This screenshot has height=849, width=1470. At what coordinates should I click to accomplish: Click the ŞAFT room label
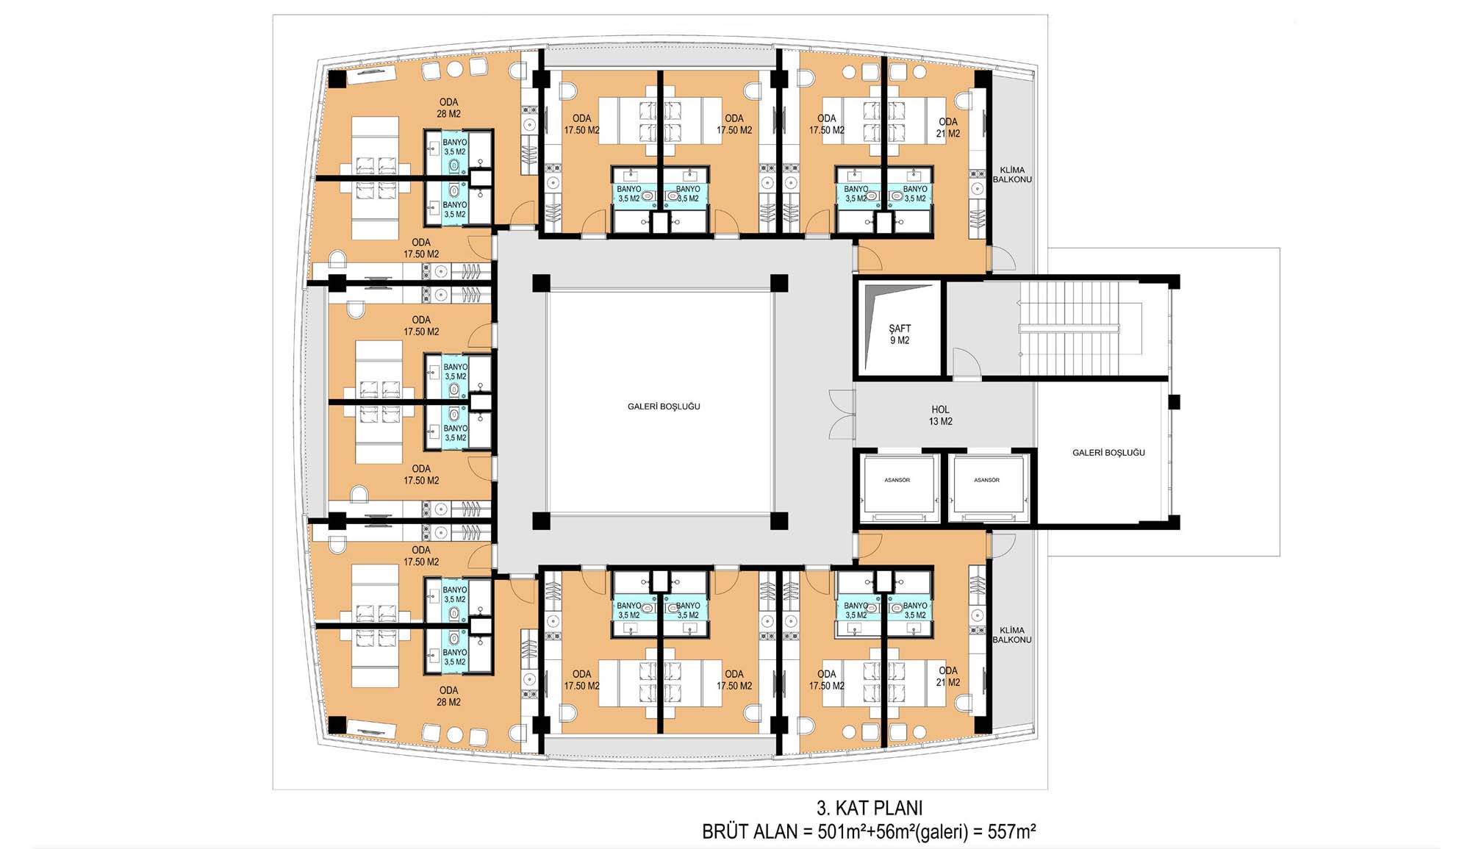pos(900,329)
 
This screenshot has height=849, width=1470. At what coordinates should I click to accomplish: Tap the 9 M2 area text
pos(900,340)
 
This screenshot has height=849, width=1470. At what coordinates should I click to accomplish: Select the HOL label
pos(940,409)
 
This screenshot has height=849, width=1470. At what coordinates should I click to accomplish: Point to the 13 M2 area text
pos(940,421)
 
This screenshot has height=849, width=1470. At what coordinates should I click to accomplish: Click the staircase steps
pos(1070,329)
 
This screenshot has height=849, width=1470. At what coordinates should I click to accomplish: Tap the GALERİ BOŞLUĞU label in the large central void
pos(664,406)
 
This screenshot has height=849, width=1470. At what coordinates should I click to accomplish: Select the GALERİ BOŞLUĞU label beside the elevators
pos(1108,453)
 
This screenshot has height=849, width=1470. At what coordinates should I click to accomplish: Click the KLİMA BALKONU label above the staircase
pos(1012,174)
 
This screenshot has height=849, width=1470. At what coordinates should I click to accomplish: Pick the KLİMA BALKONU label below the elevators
pos(1012,635)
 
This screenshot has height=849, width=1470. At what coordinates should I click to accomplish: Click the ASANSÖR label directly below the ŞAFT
pos(897,480)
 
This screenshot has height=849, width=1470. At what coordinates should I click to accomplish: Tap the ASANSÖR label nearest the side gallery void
pos(986,480)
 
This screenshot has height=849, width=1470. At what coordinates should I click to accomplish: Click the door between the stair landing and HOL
pos(967,365)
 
